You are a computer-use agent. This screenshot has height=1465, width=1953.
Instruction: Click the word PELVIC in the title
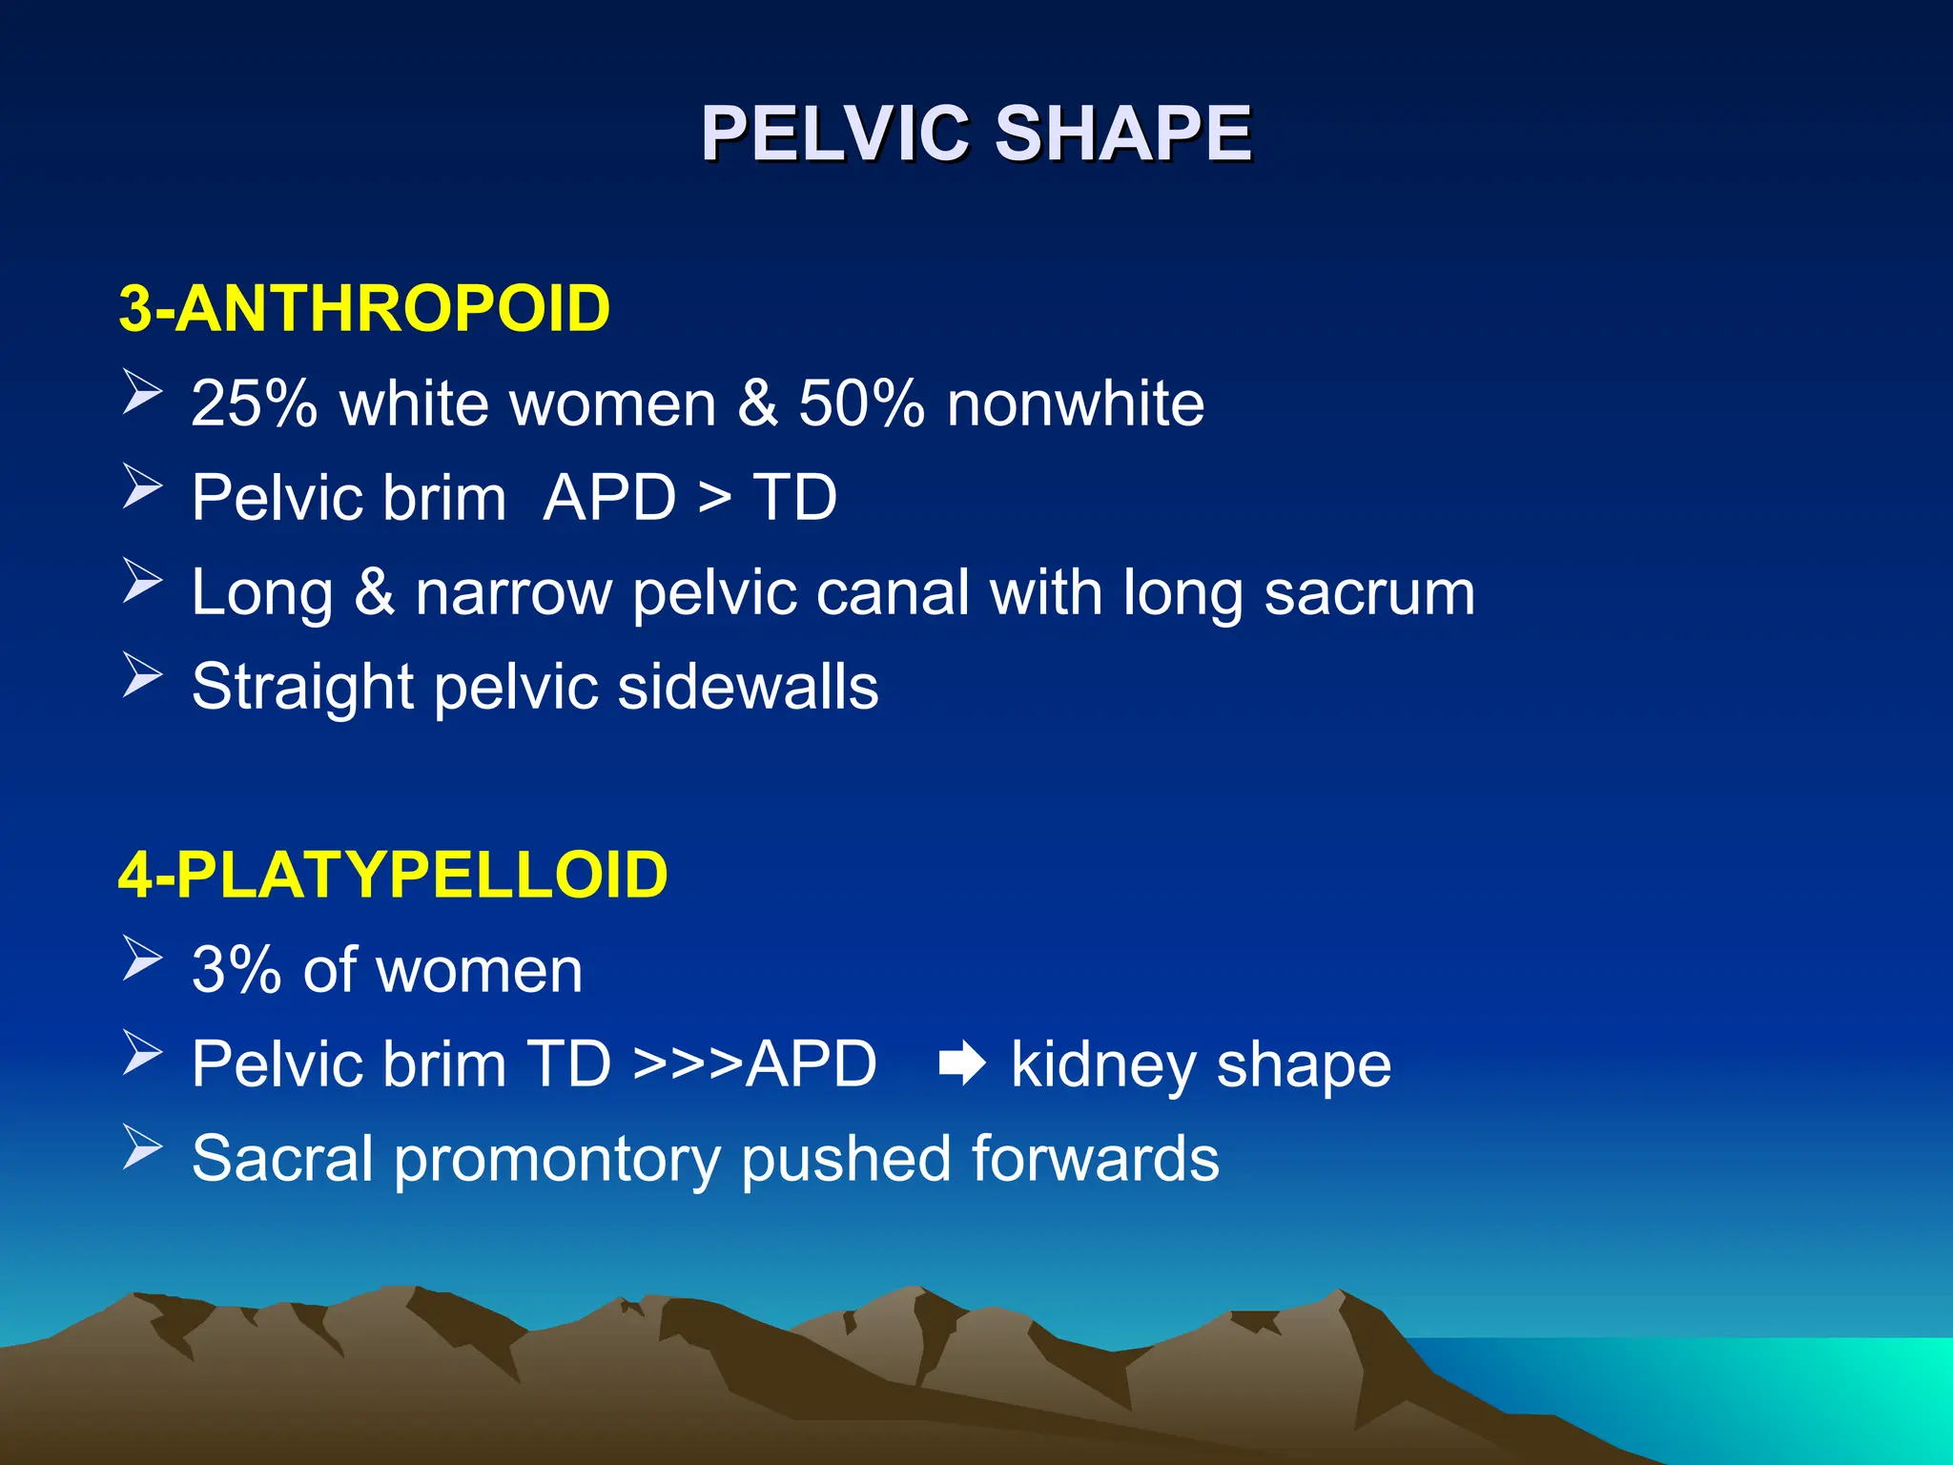point(835,134)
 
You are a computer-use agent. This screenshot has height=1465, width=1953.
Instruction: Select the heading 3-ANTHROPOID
point(364,308)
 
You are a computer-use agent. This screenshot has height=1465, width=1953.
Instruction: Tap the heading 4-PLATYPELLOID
point(393,875)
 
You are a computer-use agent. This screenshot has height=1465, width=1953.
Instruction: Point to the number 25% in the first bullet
point(254,403)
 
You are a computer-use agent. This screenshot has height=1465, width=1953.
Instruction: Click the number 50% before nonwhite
point(861,403)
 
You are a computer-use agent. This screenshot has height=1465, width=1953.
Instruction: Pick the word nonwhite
point(1075,403)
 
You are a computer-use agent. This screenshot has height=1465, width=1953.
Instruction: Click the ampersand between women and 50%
point(757,403)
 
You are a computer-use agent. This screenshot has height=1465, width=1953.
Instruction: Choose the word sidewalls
point(748,687)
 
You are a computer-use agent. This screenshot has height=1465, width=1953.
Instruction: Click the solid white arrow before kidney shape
point(961,1064)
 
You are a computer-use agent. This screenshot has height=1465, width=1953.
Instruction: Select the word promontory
point(557,1160)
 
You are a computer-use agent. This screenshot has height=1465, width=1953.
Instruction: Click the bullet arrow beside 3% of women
point(142,959)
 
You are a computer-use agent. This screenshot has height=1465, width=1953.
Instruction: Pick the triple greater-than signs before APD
point(688,1064)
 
